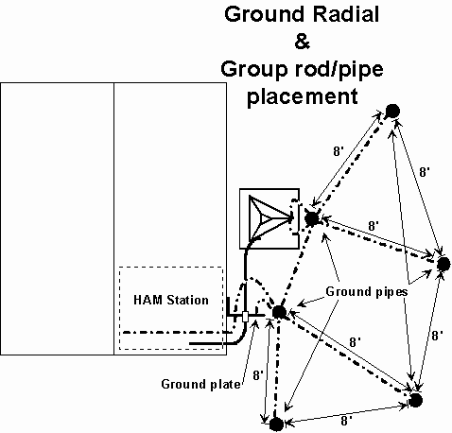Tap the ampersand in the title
(x=303, y=41)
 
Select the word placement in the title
(x=303, y=95)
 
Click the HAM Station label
(x=171, y=300)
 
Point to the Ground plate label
(x=200, y=384)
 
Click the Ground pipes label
(x=367, y=292)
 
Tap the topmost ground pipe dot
(x=392, y=111)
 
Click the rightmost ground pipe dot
(x=443, y=264)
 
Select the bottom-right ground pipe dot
(x=415, y=400)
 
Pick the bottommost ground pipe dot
(x=276, y=424)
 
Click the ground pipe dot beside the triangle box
(x=312, y=218)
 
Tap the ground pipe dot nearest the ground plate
(x=279, y=312)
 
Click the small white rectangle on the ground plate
(x=245, y=317)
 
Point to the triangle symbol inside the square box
(x=269, y=217)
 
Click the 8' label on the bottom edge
(x=346, y=421)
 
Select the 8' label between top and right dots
(x=425, y=172)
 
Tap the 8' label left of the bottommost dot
(x=258, y=375)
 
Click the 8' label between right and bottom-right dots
(x=437, y=336)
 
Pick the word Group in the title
(x=254, y=69)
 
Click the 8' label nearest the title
(x=339, y=151)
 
